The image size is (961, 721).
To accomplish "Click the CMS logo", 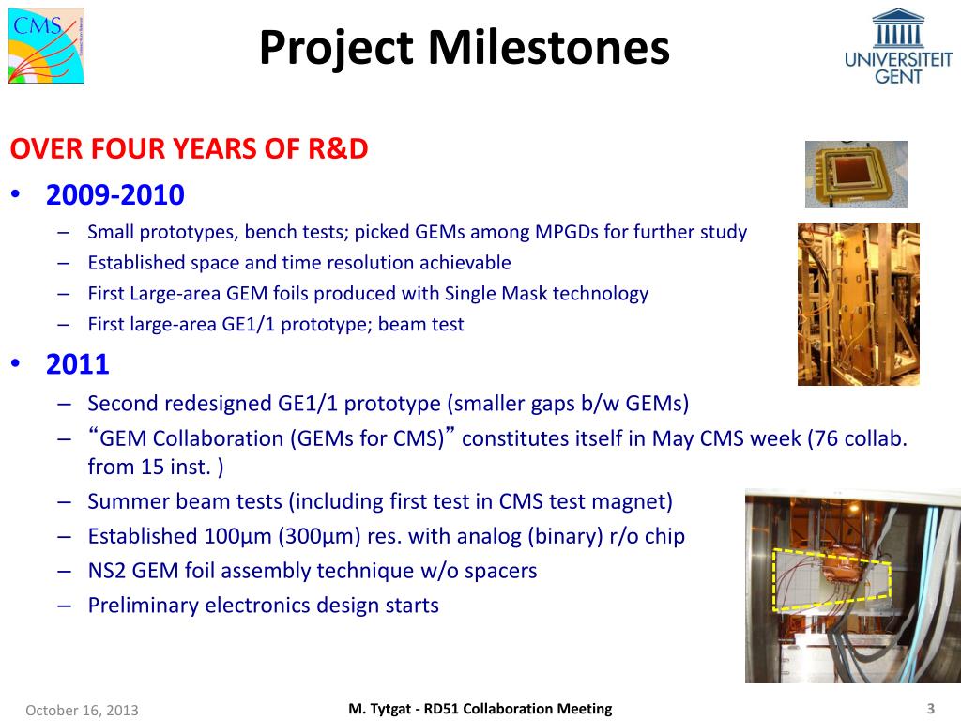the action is coord(46,46).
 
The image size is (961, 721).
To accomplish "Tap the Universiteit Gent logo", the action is coord(898,46).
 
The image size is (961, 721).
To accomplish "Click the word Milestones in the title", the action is coord(548,47).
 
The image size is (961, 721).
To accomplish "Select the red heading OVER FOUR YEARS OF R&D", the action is coord(189,149).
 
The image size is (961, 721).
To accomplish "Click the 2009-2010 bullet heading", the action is coord(115,194).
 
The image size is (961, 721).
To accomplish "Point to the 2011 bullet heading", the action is coord(77,364).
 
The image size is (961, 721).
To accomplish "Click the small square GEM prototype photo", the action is coord(856,175).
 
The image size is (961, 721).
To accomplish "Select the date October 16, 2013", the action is coord(83,710).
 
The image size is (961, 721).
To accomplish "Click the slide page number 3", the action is coord(931,709).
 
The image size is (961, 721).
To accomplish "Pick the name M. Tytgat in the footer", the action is coord(379,709).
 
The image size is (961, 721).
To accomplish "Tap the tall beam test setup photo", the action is coord(858,305).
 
